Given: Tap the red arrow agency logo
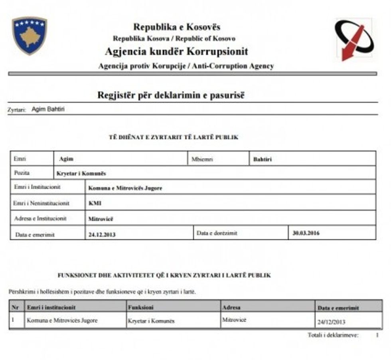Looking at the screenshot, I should coord(354,40).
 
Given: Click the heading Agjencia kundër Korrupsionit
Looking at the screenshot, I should coord(176,52).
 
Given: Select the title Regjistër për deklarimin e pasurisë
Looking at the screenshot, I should coord(170,95).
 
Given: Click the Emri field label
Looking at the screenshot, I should coord(20,158).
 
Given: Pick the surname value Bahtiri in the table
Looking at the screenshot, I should coord(263,159).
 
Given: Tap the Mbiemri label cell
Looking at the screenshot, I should coord(202,159).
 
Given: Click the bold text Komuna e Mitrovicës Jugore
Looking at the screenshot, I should coord(125,188).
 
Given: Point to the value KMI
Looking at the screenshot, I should coord(95,203).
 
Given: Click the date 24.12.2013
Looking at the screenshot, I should coord(102,234).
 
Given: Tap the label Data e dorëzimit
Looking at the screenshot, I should coord(217,233).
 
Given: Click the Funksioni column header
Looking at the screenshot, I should coord(140,307).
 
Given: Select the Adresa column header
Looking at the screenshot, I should coord(231,307).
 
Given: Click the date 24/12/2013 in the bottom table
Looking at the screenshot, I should coord(331,322).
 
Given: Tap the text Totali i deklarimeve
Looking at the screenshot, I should coord(333,335).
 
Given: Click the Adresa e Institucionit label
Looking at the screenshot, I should coord(40,219).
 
